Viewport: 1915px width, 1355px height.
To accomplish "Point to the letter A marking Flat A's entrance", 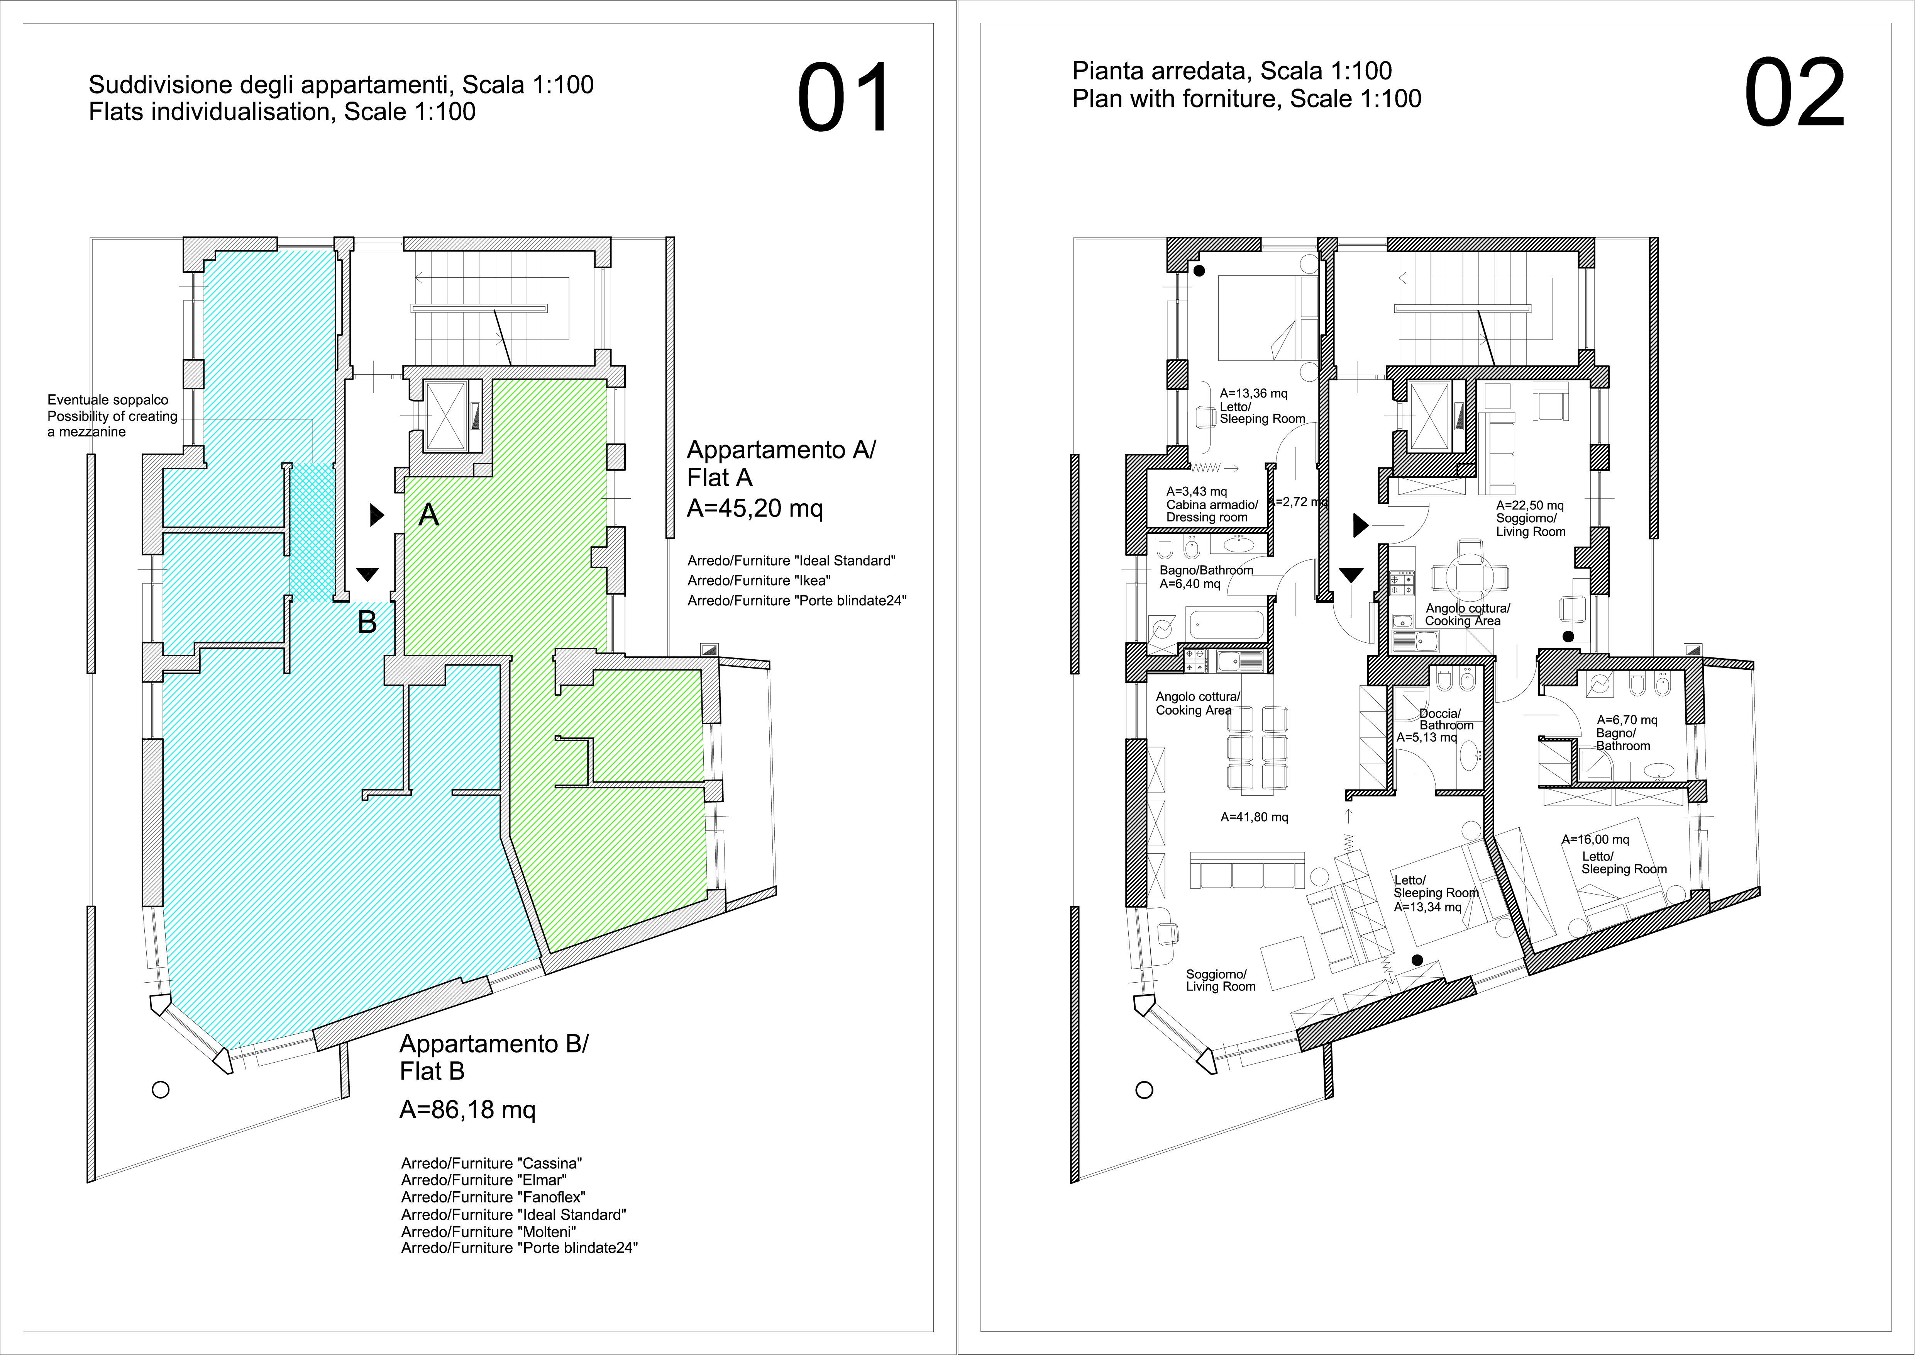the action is [428, 515].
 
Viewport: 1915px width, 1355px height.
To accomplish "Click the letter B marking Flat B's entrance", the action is [367, 621].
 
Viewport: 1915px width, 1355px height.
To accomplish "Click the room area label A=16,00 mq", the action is [1595, 839].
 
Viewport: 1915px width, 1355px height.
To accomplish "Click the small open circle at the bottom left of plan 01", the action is [161, 1090].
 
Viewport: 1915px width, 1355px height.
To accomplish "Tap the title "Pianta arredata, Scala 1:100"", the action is [1231, 71].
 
